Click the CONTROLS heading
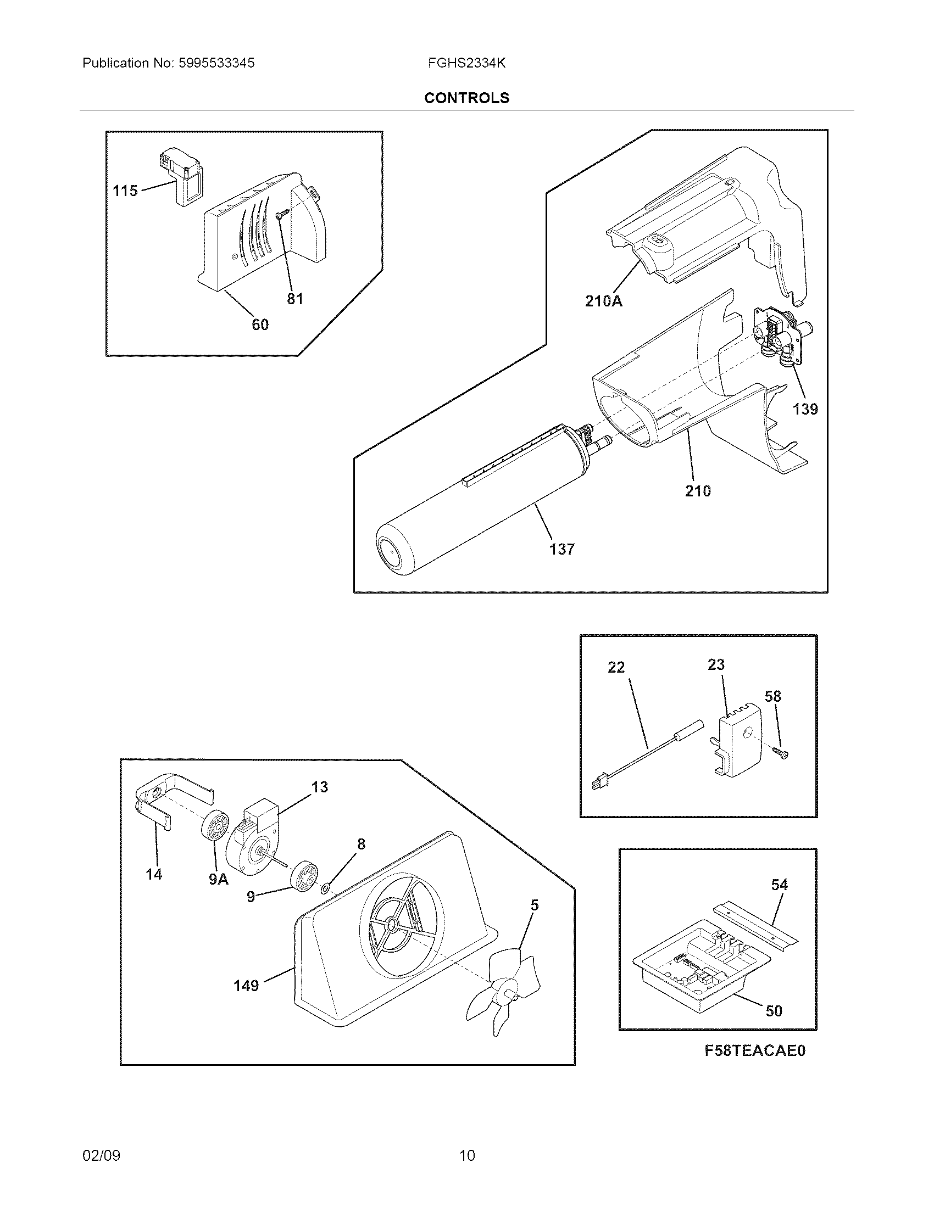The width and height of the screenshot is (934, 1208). tap(466, 98)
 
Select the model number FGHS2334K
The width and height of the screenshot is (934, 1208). tap(466, 63)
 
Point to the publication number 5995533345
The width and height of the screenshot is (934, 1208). tap(216, 63)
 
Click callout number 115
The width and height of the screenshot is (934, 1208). tap(125, 191)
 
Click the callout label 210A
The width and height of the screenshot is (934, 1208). tap(603, 301)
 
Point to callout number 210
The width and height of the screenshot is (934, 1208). tap(698, 490)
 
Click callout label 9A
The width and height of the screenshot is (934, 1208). tap(219, 880)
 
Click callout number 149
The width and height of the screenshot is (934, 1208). tap(246, 986)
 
